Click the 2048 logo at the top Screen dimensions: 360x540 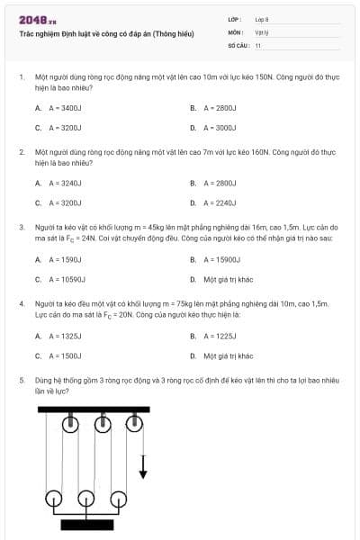[37, 20]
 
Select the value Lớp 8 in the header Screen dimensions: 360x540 [262, 19]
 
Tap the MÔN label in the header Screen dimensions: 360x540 [235, 31]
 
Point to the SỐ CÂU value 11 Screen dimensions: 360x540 [258, 45]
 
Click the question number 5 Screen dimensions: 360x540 [21, 382]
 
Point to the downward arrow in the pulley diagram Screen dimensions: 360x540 [142, 467]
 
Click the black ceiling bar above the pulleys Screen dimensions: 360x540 [94, 410]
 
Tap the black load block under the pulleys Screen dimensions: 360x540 [86, 525]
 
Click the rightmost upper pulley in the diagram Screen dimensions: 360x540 [134, 423]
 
